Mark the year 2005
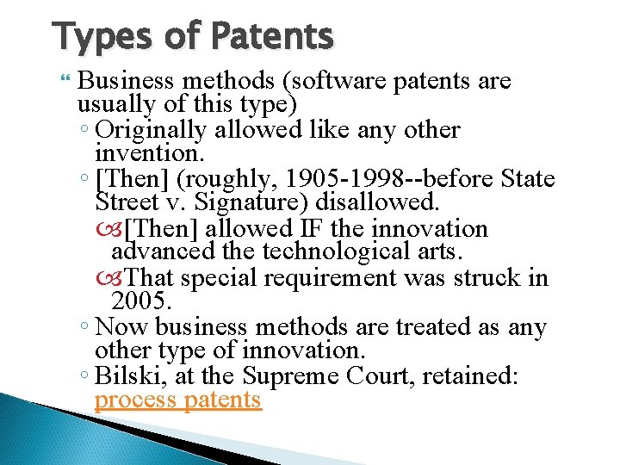[x=142, y=301]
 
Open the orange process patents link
[x=177, y=400]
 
